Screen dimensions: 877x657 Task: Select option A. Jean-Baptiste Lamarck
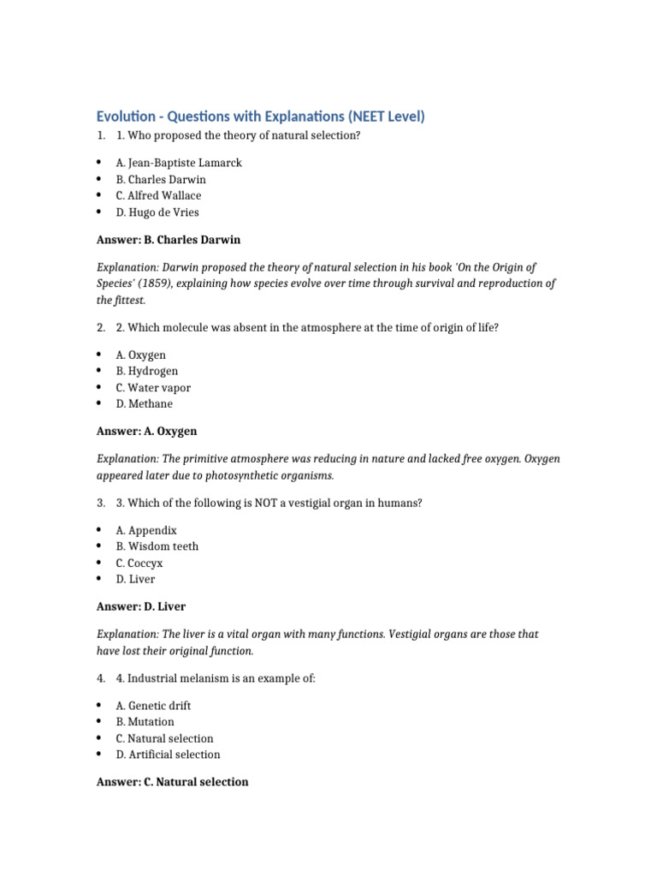(179, 163)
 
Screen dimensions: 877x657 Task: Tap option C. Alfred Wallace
(158, 195)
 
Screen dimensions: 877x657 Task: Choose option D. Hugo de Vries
(157, 212)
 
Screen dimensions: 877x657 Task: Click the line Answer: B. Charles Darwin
(174, 240)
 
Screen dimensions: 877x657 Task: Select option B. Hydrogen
(147, 371)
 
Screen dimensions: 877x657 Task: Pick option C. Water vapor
(153, 387)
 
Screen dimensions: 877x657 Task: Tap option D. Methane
(144, 403)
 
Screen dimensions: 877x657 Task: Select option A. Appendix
(146, 530)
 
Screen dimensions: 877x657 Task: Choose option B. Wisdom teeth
(157, 546)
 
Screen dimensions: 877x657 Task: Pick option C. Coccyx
(139, 563)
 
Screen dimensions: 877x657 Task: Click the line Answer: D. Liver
(140, 606)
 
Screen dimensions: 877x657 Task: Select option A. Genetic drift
(153, 706)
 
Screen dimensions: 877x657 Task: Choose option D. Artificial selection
(168, 755)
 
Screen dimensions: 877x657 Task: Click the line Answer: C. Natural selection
(172, 782)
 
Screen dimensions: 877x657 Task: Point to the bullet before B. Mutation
(99, 722)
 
